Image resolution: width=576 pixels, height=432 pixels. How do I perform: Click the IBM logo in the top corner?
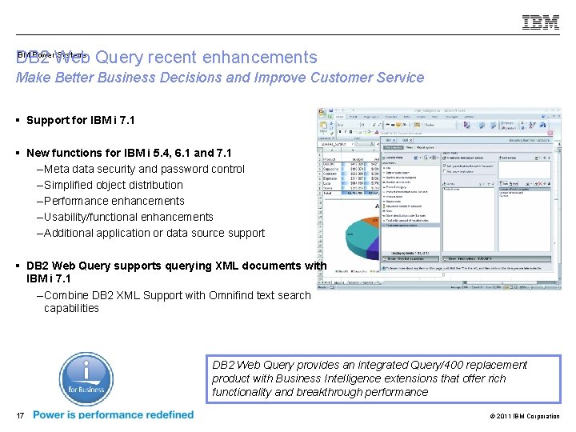[541, 22]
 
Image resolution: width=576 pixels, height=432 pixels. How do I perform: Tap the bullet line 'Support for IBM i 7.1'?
[81, 121]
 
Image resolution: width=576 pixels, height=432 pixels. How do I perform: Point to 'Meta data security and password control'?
[144, 169]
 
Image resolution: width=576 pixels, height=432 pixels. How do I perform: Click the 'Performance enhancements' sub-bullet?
[114, 201]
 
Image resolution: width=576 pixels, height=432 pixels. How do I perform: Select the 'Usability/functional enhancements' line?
[129, 217]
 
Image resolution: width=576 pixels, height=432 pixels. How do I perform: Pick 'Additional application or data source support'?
[154, 233]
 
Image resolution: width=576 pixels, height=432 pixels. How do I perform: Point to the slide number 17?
[20, 415]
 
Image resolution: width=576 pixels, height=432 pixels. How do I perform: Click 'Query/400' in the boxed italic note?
[406, 365]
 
